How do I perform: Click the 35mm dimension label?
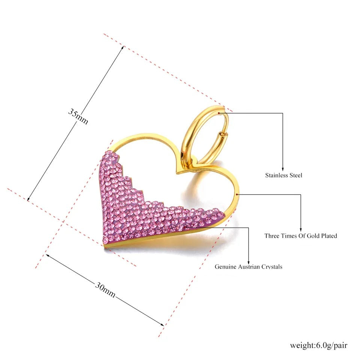coord(78,116)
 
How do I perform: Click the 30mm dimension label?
coord(105,290)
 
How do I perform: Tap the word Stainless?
coord(276,175)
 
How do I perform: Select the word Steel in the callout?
coord(296,175)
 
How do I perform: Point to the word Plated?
coord(328,236)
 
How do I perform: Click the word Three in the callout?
coord(272,236)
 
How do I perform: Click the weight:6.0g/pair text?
coord(319,345)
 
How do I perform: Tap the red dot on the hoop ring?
coord(219,113)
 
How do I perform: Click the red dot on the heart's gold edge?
coord(237,195)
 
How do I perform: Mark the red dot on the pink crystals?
coord(185,227)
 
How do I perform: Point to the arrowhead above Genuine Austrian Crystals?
coord(248,262)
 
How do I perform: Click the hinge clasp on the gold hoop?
coord(221,134)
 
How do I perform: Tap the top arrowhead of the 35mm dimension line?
coord(123,48)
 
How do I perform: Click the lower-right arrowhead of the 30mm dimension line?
coord(162,324)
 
